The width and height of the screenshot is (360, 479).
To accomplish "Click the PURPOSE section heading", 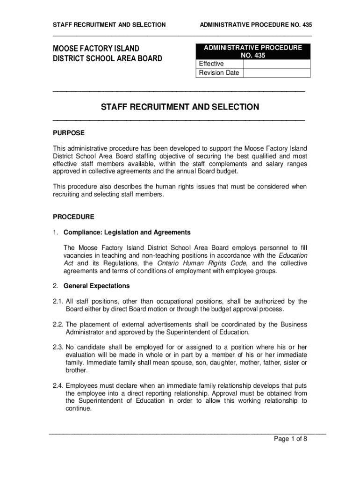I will (69, 133).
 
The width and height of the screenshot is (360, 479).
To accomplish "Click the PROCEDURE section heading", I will (73, 217).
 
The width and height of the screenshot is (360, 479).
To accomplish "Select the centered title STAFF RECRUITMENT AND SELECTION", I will (180, 107).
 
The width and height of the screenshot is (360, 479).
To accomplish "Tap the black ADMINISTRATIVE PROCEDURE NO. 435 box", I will (252, 51).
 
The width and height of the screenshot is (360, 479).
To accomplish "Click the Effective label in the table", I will (211, 64).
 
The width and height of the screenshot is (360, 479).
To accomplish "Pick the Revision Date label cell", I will (219, 73).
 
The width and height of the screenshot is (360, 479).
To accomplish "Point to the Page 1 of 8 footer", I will (290, 439).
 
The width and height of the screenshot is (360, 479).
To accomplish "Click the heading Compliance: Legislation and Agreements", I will (127, 232).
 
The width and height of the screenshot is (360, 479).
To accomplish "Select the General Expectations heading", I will (97, 286).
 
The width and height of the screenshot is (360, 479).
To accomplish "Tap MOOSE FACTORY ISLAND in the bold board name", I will (96, 49).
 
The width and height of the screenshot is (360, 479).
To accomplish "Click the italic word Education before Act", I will (293, 255).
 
